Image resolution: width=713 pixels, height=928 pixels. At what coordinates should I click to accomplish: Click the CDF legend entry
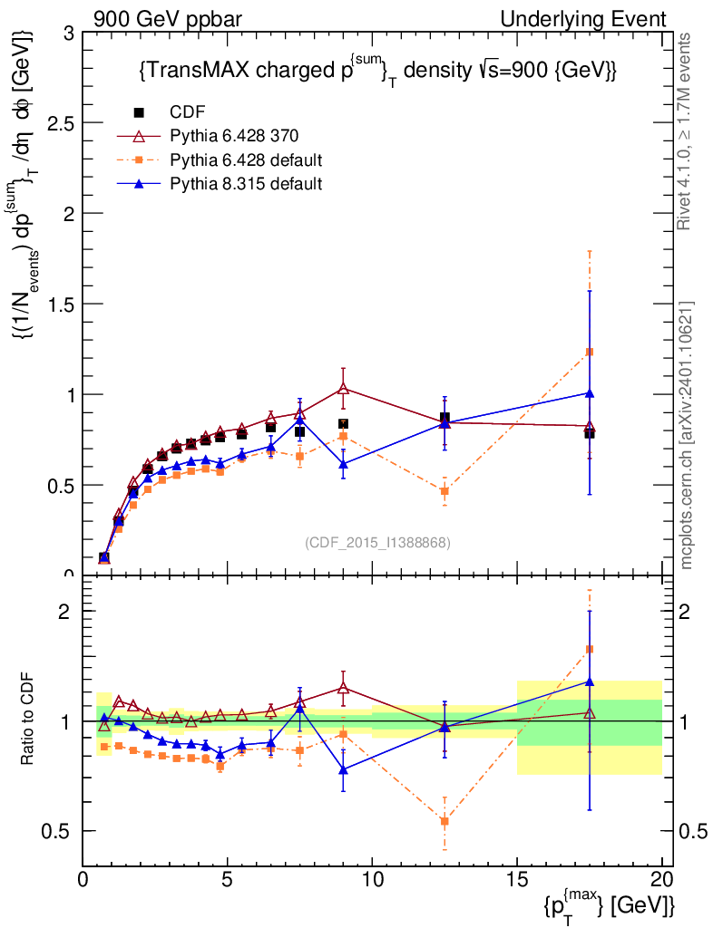(x=188, y=112)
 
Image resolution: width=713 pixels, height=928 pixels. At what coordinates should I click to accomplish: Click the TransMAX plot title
(x=377, y=72)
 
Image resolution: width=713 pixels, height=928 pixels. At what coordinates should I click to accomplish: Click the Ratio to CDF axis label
(x=27, y=720)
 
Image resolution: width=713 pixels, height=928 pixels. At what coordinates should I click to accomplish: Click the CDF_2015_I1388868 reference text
(x=377, y=542)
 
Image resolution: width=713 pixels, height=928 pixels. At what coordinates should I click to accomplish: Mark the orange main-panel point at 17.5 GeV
(x=590, y=352)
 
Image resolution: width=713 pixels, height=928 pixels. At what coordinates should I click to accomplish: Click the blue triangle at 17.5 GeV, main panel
(x=590, y=393)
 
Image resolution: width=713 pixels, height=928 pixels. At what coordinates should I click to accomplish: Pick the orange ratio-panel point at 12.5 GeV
(x=444, y=821)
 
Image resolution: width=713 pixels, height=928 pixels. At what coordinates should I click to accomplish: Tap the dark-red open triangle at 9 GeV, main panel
(x=343, y=389)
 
